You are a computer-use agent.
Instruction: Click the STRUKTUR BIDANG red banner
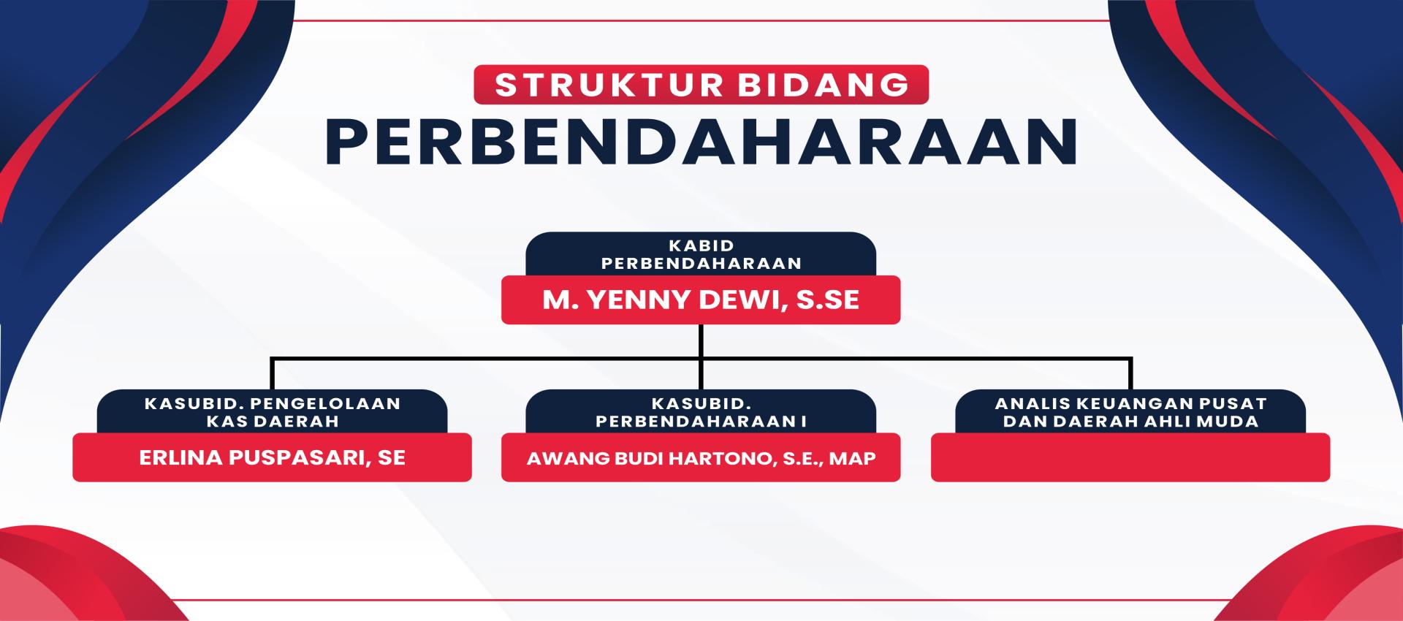[701, 85]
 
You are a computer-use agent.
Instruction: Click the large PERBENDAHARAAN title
[701, 142]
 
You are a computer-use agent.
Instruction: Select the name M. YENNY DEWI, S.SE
[701, 300]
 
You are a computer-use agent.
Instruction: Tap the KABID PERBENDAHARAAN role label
[701, 254]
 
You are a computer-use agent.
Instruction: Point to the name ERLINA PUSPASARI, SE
[272, 457]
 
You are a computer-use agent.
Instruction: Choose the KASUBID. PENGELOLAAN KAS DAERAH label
[272, 412]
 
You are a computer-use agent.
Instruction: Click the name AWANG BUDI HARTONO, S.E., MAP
[701, 458]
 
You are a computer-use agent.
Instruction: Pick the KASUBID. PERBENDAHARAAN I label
[701, 412]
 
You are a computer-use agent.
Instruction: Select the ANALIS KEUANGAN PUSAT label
[1130, 403]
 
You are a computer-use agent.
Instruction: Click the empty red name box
[1130, 457]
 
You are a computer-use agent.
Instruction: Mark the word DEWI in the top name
[742, 300]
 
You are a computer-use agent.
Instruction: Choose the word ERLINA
[180, 457]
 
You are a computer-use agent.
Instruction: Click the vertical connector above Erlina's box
[272, 373]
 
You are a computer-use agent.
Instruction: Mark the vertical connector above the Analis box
[1130, 373]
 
